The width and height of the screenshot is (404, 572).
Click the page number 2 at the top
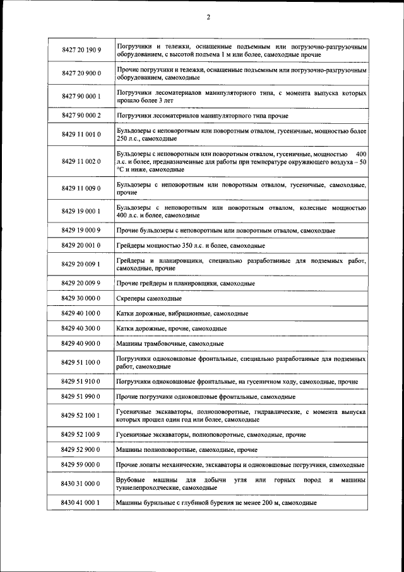pos(208,17)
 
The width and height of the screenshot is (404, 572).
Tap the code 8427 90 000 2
pos(81,116)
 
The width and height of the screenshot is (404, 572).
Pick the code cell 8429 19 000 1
pos(81,211)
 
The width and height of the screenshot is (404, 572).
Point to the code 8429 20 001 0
pos(81,245)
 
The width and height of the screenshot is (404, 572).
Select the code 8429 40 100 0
pos(81,313)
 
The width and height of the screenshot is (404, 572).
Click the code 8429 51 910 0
pos(81,382)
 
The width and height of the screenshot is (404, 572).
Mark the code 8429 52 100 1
pos(81,415)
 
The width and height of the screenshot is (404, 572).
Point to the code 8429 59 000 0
pos(81,465)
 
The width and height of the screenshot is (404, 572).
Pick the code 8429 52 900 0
pos(81,450)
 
